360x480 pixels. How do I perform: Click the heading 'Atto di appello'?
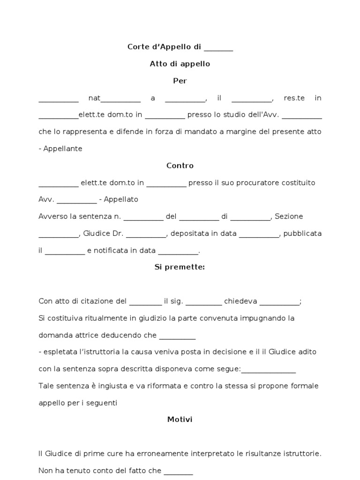(180, 64)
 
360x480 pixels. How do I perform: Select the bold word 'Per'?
(180, 81)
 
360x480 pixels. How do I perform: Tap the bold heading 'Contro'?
(180, 165)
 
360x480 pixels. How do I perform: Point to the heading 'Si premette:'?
(180, 267)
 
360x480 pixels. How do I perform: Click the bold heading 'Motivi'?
(180, 420)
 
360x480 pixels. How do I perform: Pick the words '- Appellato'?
(119, 199)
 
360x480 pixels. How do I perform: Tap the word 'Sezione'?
(289, 217)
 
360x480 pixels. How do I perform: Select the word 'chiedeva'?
(240, 301)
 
